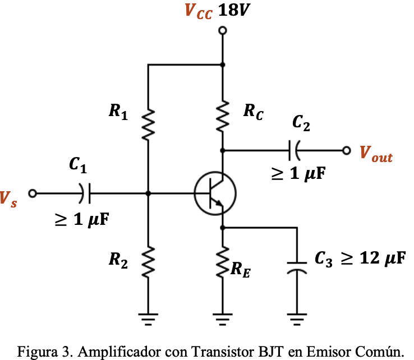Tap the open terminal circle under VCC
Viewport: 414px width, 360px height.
(x=223, y=33)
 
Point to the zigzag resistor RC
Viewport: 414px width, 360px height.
(x=223, y=116)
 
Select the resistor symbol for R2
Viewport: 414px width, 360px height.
(x=148, y=260)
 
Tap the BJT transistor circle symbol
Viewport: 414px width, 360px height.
(x=215, y=193)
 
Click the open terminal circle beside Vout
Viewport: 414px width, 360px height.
(x=347, y=150)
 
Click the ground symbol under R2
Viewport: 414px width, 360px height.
(x=148, y=320)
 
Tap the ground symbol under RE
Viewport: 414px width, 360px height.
(x=223, y=320)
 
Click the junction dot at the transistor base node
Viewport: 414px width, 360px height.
(x=148, y=193)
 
